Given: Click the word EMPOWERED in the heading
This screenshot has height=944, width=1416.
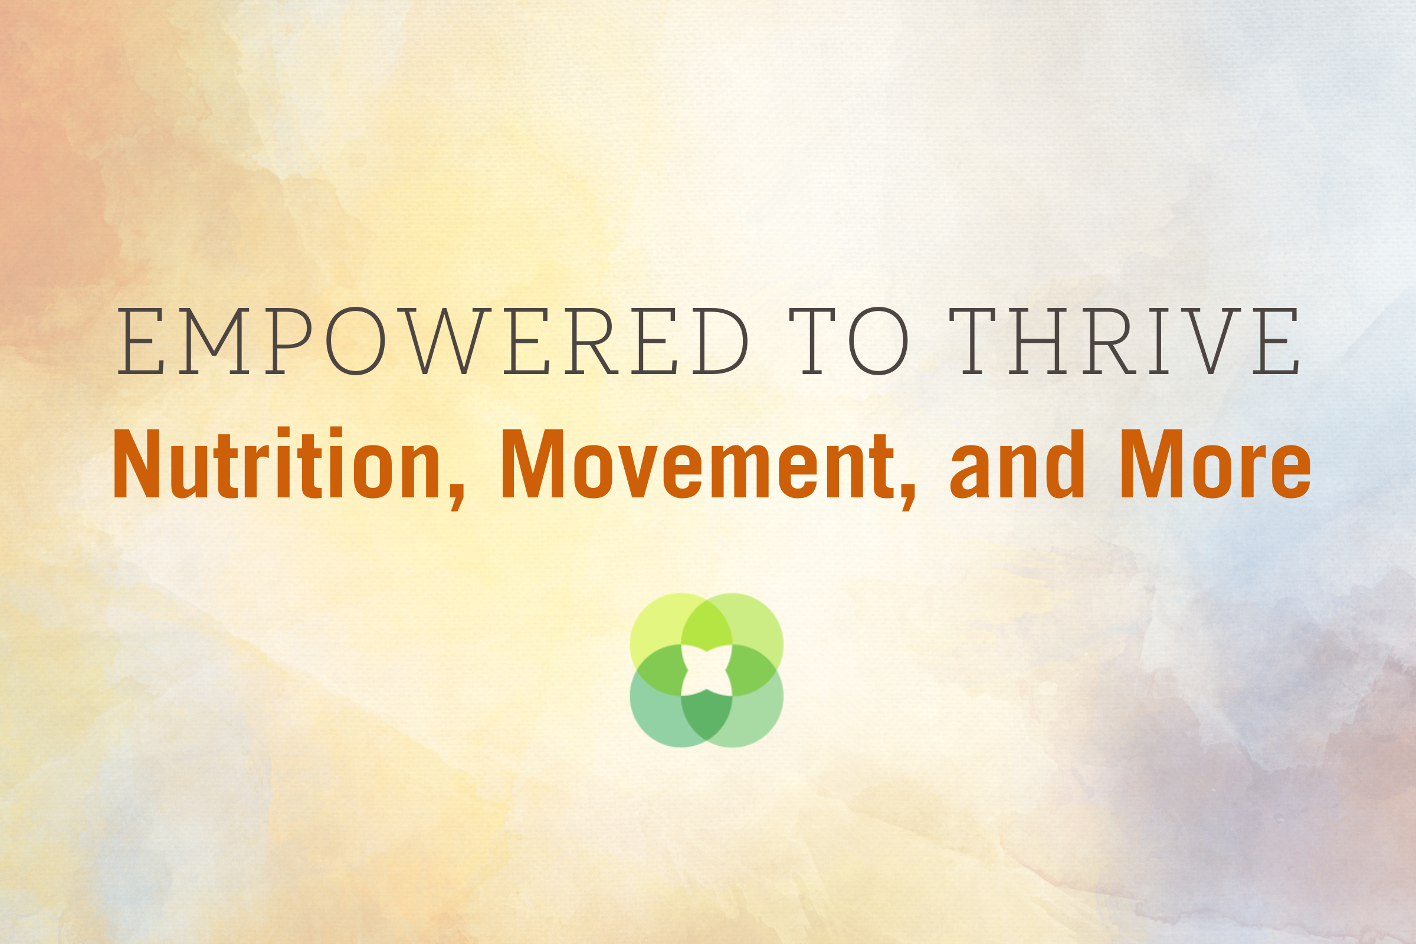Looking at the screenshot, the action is coord(433,342).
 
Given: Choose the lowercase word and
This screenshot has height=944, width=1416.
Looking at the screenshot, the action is coord(1017,464).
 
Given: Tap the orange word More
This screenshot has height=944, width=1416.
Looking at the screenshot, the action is coord(1215,464).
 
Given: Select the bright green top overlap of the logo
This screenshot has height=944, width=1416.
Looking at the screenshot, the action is coord(707,625).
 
